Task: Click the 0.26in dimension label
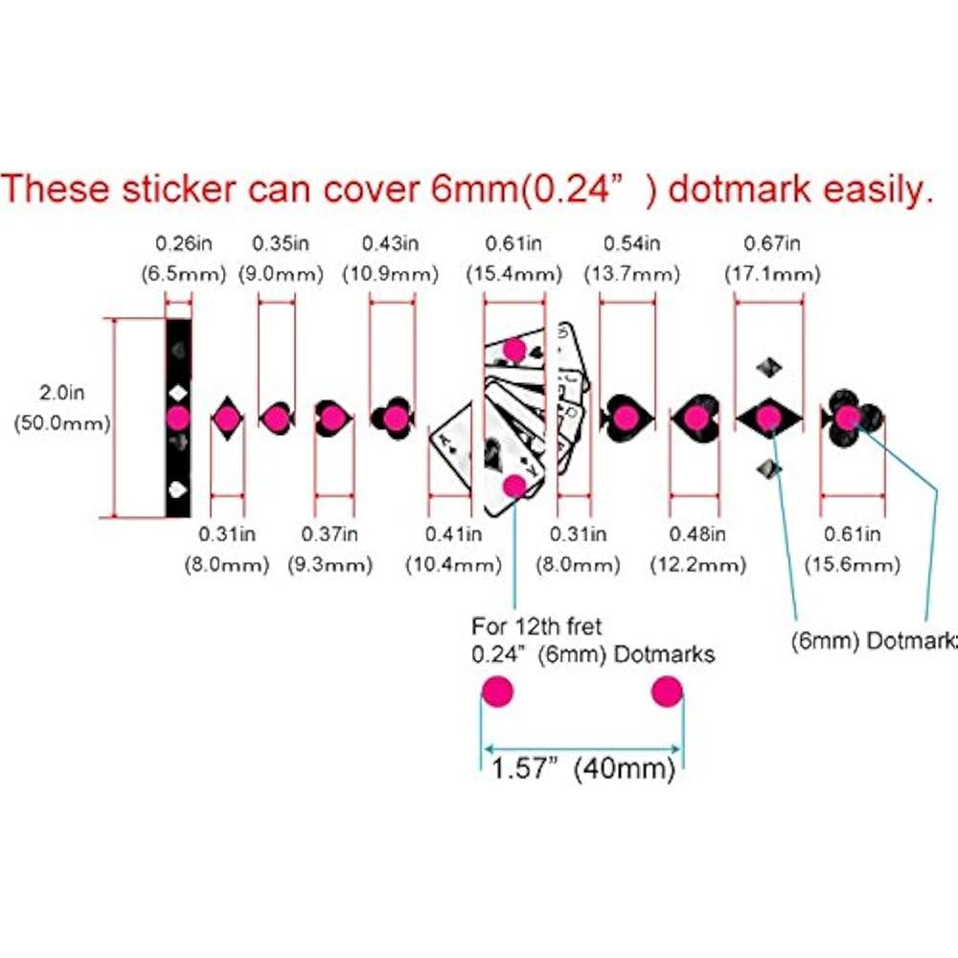(x=183, y=243)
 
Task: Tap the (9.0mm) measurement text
(x=281, y=274)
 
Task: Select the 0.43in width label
(x=391, y=243)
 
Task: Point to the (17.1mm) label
(x=772, y=274)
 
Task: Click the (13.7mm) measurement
(x=631, y=274)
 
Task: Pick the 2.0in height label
(x=61, y=392)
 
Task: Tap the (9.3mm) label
(x=330, y=564)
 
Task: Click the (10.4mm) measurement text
(x=453, y=564)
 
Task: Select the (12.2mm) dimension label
(x=697, y=564)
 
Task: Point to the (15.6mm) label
(x=853, y=564)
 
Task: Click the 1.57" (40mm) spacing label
(x=582, y=768)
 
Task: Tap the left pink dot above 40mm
(x=497, y=692)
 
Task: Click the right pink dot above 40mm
(x=667, y=692)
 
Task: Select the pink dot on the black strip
(x=178, y=419)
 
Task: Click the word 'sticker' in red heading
(x=179, y=189)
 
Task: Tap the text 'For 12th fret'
(x=536, y=627)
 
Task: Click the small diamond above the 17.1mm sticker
(x=768, y=368)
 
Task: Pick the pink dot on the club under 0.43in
(x=396, y=419)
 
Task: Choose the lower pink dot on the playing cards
(x=514, y=487)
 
